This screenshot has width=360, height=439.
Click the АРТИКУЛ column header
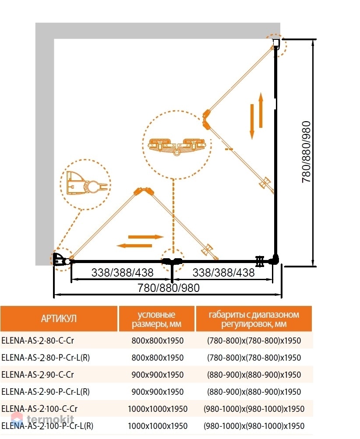click(x=59, y=319)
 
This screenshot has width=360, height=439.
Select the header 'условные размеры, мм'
click(x=157, y=319)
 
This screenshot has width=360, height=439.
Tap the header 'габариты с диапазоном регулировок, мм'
click(x=254, y=319)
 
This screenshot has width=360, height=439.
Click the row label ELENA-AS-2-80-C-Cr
click(x=38, y=341)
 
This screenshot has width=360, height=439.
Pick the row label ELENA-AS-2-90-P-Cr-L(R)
click(x=46, y=391)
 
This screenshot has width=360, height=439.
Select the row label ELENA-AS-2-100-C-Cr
click(x=39, y=408)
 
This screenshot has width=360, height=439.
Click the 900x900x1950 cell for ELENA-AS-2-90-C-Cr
click(x=158, y=375)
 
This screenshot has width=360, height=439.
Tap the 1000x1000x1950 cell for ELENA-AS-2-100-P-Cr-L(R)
click(x=158, y=426)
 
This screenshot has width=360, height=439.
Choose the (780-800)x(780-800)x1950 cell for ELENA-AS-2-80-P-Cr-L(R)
click(x=254, y=358)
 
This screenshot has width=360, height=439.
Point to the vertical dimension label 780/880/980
click(x=306, y=152)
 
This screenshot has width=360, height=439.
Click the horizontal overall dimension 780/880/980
click(x=169, y=288)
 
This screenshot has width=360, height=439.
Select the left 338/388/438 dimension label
click(x=123, y=272)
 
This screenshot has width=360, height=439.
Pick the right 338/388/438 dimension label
click(x=223, y=272)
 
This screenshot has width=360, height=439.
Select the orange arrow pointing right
click(x=146, y=237)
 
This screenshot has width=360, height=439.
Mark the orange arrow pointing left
click(x=134, y=246)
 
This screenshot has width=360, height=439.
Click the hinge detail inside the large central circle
click(x=177, y=146)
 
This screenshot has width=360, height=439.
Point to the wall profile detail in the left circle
click(x=86, y=184)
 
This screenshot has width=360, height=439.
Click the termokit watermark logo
click(x=42, y=419)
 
